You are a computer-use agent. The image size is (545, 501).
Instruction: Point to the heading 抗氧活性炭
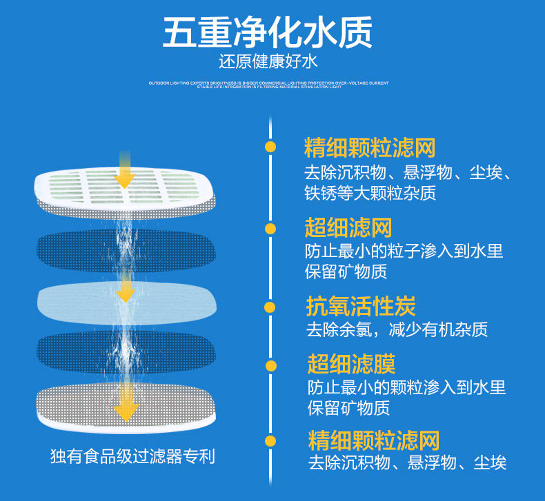point(361,306)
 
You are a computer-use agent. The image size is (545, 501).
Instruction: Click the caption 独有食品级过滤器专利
point(132,456)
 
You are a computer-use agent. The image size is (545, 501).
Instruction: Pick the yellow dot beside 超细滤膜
point(270,365)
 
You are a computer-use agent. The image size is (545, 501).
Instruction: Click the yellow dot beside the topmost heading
point(270,147)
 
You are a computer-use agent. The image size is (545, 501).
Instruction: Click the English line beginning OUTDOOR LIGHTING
point(268,83)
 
